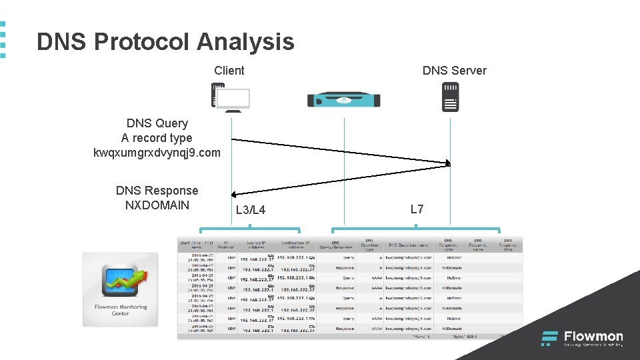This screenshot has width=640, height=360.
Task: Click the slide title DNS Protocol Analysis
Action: (165, 41)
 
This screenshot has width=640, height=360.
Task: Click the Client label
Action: (229, 71)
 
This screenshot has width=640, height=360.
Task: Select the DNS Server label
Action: (454, 71)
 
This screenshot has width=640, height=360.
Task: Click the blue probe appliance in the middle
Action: (343, 100)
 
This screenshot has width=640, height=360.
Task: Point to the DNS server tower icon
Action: (451, 96)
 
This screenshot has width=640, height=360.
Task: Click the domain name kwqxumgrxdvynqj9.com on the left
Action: (157, 153)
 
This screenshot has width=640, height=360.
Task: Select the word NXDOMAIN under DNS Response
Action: (157, 205)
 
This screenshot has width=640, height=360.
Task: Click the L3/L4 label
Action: (251, 211)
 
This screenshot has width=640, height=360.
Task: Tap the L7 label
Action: (417, 209)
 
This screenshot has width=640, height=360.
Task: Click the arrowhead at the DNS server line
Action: (447, 162)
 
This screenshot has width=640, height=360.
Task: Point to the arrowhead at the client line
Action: (234, 195)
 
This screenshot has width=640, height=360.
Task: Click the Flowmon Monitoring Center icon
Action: (120, 289)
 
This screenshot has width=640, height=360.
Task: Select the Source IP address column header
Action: (257, 245)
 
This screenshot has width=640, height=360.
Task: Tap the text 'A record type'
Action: (157, 138)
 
